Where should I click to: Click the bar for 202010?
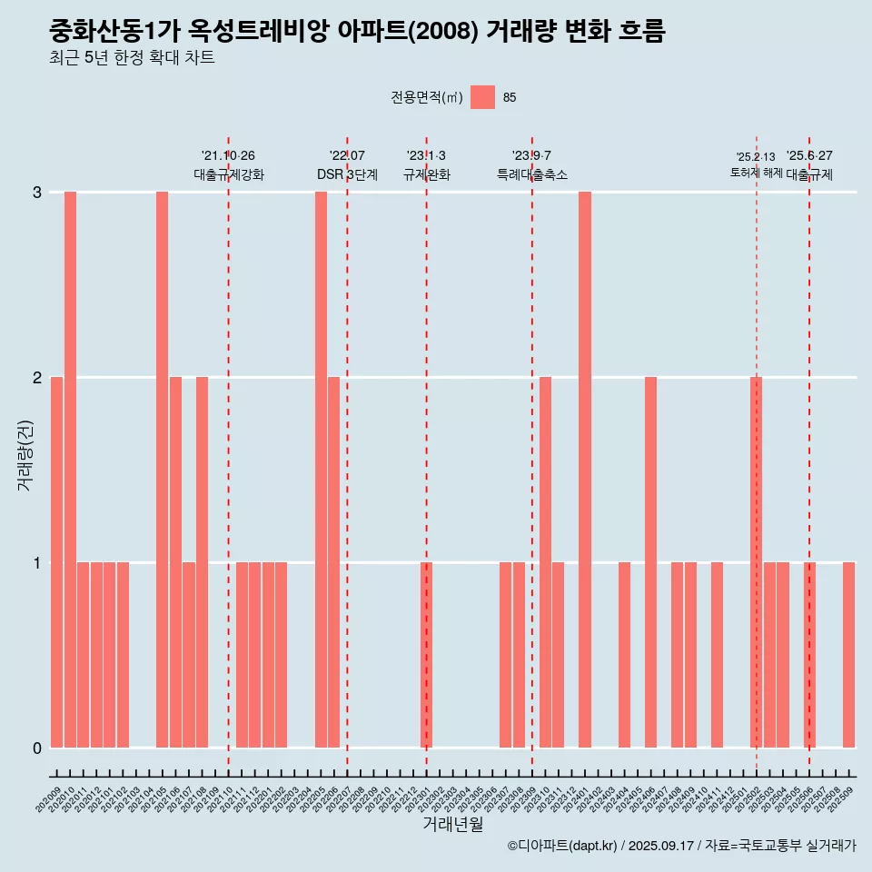point(70,470)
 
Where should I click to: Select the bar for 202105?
point(162,470)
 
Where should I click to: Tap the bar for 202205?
point(321,470)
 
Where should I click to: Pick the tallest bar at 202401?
point(585,470)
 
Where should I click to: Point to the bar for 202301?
point(426,655)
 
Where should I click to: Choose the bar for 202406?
point(650,562)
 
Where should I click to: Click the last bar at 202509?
point(848,655)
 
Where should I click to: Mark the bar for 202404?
point(624,655)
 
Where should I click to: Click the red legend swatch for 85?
point(482,97)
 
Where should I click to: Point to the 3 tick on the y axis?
point(37,193)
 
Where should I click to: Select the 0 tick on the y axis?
point(37,748)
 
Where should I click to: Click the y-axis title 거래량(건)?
point(25,454)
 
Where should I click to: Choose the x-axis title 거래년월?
point(452,824)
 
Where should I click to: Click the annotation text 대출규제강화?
point(229,174)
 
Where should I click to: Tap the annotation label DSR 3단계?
point(347,174)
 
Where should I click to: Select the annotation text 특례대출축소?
point(532,174)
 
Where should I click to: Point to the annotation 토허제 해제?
point(756,173)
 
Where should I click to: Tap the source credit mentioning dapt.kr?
point(682,847)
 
